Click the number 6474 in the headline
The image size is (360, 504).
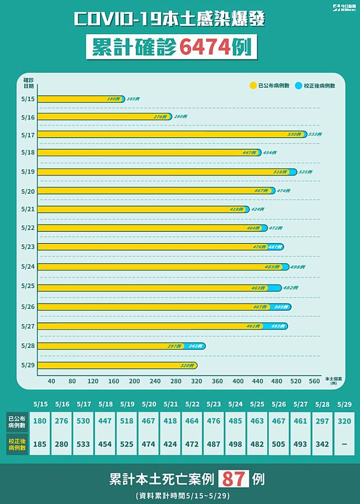point(205,47)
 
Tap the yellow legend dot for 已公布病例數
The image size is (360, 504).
point(253,85)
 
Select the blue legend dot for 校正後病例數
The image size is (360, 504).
point(299,85)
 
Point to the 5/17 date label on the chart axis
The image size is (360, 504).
point(29,135)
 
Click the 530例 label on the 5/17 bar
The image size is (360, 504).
point(295,135)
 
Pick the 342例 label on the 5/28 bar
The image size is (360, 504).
point(195,346)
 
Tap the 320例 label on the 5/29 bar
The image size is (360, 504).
point(187,365)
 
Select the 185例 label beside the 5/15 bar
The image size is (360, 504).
point(133,99)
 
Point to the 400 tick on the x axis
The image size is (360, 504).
point(238,381)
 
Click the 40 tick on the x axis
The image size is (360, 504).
point(51,381)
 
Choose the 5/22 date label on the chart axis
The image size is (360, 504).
point(29,227)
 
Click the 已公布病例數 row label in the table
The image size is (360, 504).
point(16,420)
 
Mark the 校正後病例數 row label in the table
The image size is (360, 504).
point(16,443)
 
